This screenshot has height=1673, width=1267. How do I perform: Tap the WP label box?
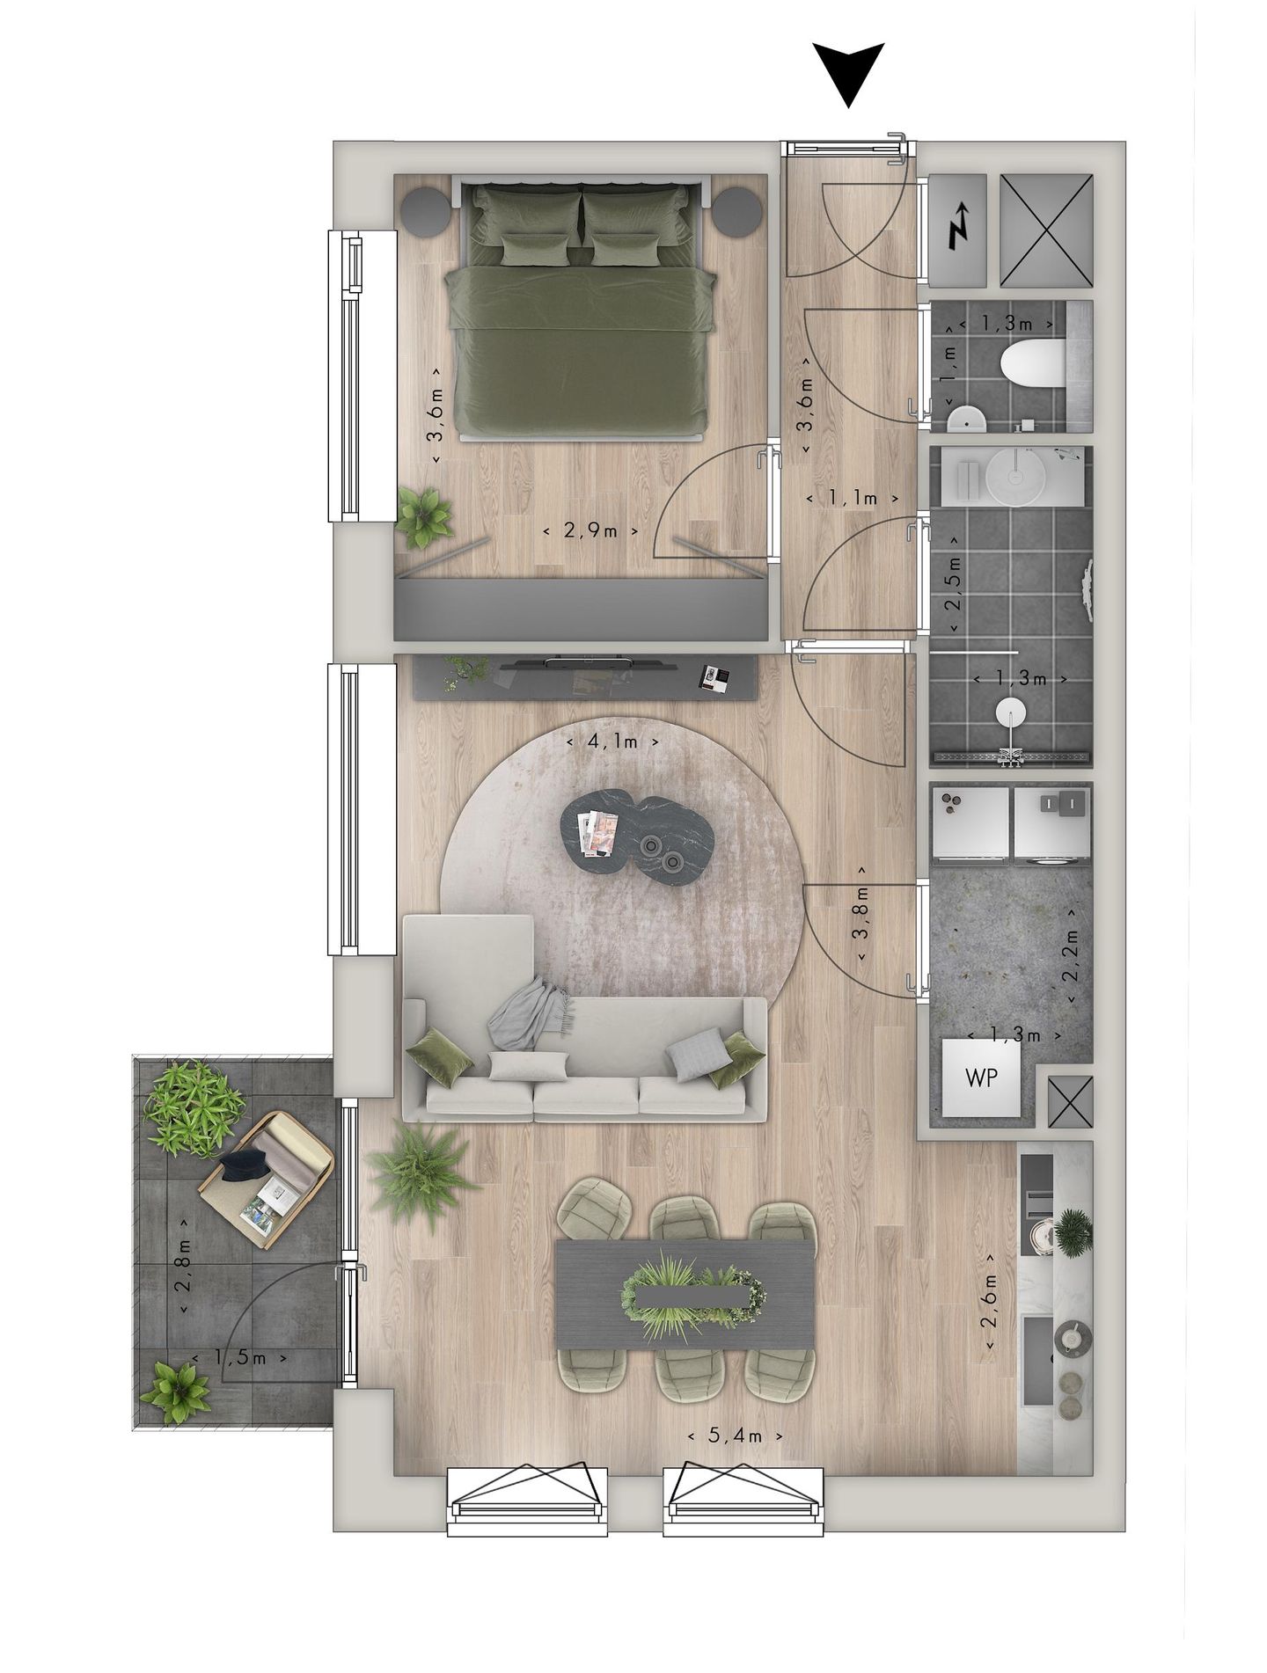point(981,1077)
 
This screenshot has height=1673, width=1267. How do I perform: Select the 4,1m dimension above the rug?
point(613,742)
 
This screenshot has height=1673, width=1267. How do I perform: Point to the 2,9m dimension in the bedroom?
point(590,531)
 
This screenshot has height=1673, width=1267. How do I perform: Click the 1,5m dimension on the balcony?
point(239,1357)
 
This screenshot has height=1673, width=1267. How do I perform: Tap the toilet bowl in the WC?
point(1033,363)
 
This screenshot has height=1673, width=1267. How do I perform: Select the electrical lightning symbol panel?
point(958,230)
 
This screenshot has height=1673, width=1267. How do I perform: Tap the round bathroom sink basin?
point(1014,474)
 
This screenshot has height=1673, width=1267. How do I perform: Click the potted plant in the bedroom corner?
point(424,514)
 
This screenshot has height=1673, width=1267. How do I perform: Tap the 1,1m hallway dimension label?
point(853,499)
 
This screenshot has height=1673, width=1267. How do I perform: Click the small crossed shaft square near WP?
point(1069,1102)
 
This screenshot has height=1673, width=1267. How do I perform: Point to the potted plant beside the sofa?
point(422,1170)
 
